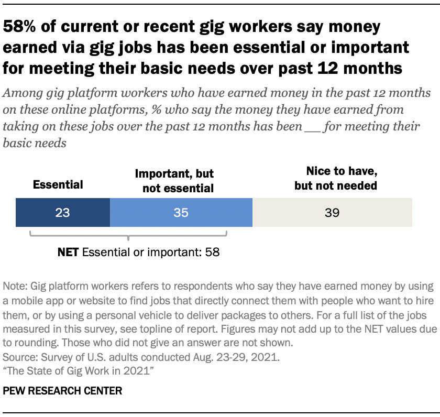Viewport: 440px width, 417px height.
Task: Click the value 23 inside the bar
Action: tap(62, 213)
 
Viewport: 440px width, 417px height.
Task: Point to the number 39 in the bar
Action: tap(332, 213)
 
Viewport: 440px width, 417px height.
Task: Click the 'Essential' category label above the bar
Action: tap(58, 184)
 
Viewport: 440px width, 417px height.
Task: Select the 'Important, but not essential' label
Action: tap(174, 181)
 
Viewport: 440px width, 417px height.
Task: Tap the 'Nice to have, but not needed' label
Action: tap(335, 178)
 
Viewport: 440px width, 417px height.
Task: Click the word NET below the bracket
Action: tap(68, 252)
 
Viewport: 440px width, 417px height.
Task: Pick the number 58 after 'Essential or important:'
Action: tap(212, 252)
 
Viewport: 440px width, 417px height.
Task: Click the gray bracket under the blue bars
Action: tap(128, 236)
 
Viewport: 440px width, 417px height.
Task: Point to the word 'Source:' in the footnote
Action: tap(19, 359)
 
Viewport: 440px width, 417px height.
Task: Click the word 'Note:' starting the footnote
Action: tap(15, 287)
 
